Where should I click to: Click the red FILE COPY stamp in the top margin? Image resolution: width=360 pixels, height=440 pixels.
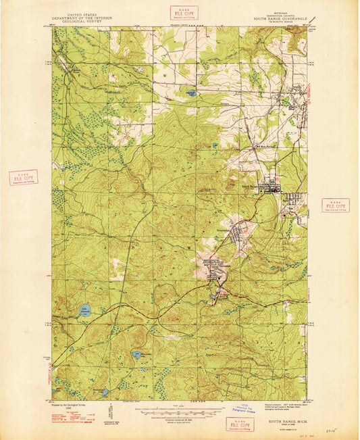pyautogui.click(x=181, y=12)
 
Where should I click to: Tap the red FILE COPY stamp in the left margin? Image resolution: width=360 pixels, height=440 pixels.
pyautogui.click(x=24, y=178)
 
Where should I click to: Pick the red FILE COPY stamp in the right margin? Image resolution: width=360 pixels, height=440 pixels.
pyautogui.click(x=335, y=205)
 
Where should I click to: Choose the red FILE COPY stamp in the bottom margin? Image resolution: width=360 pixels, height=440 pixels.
pyautogui.click(x=240, y=424)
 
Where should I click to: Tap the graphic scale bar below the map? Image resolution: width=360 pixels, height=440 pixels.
pyautogui.click(x=168, y=410)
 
